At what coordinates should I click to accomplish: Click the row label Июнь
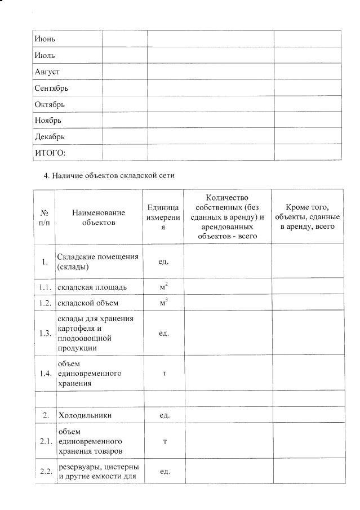(46, 39)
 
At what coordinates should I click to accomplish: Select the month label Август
(47, 72)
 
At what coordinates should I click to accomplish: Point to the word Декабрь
(50, 137)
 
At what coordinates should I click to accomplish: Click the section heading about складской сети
(109, 175)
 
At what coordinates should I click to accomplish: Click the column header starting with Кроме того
(307, 216)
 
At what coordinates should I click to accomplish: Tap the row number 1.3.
(45, 333)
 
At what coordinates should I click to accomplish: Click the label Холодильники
(85, 415)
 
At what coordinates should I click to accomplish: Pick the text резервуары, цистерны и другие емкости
(98, 472)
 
